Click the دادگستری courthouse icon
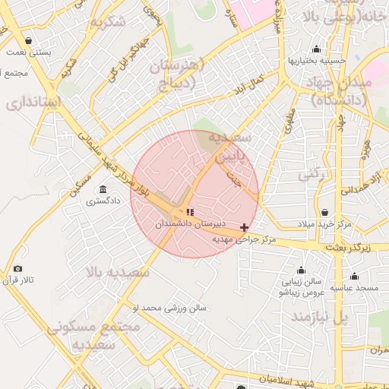point(103,190)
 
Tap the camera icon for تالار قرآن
point(17,268)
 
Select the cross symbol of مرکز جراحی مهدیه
point(244,227)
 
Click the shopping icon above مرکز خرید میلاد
point(325,213)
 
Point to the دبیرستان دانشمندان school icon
point(189,212)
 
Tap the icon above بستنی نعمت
point(28,41)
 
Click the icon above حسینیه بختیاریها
point(295,59)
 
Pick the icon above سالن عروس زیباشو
point(302,270)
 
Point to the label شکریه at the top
point(107,21)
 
